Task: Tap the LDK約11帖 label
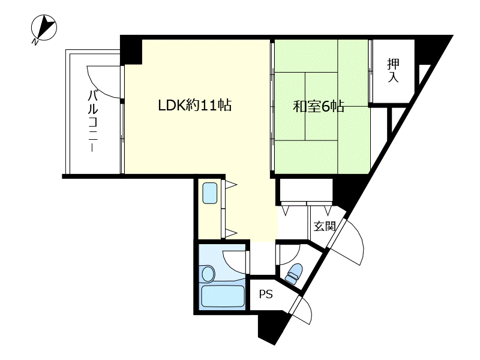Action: [194, 106]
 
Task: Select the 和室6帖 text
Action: [318, 107]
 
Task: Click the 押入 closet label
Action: [393, 71]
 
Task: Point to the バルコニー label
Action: [93, 120]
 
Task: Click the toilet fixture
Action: [293, 274]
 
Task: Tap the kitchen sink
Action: [211, 193]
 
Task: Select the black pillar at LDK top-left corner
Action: [131, 49]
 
